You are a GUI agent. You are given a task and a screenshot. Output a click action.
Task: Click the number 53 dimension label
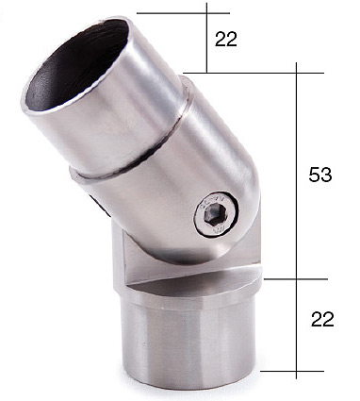[320, 175]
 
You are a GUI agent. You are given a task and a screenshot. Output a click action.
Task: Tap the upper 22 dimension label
[226, 40]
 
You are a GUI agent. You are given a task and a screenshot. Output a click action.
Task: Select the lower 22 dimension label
[322, 319]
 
